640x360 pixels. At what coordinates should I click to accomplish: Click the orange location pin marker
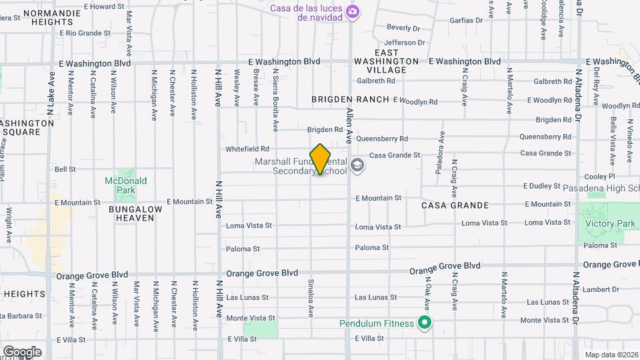[x=321, y=159]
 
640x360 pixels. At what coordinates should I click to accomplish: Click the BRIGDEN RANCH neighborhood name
[x=350, y=99]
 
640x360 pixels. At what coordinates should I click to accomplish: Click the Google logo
[x=21, y=352]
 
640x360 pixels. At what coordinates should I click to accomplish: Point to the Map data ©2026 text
[x=611, y=354]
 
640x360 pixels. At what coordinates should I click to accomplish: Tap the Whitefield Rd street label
[x=247, y=149]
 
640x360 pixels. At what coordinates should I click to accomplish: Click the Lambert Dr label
[x=600, y=290]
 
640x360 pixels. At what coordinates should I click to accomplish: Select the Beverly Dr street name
[x=403, y=28]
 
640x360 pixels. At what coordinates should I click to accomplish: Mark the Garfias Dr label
[x=470, y=20]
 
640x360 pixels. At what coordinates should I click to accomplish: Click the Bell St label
[x=65, y=169]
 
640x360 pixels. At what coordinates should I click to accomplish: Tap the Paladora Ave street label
[x=439, y=157]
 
